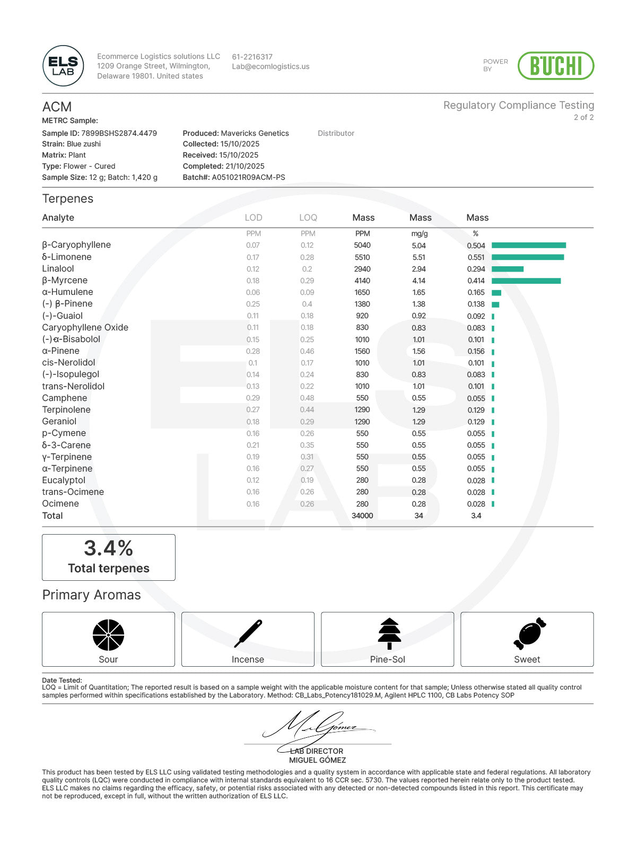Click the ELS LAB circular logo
pos(63,66)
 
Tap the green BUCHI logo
pos(555,66)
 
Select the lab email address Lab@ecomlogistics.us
pos(270,67)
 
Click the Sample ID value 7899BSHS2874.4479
pos(119,133)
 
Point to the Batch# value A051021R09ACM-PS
pos(248,177)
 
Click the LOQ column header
pos(308,217)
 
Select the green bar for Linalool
pos(507,269)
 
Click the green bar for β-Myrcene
pos(526,281)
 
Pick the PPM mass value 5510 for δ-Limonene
pos(362,257)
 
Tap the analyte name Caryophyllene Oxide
pos(85,327)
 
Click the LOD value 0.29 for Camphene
pos(253,398)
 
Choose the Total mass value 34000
pos(362,516)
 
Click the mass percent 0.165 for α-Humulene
pos(476,292)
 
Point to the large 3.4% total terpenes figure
pos(108,548)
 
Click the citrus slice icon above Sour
pos(108,634)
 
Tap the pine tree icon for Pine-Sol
pos(389,633)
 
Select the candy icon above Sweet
pos(529,633)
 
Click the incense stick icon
pos(248,633)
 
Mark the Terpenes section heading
pos(68,199)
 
